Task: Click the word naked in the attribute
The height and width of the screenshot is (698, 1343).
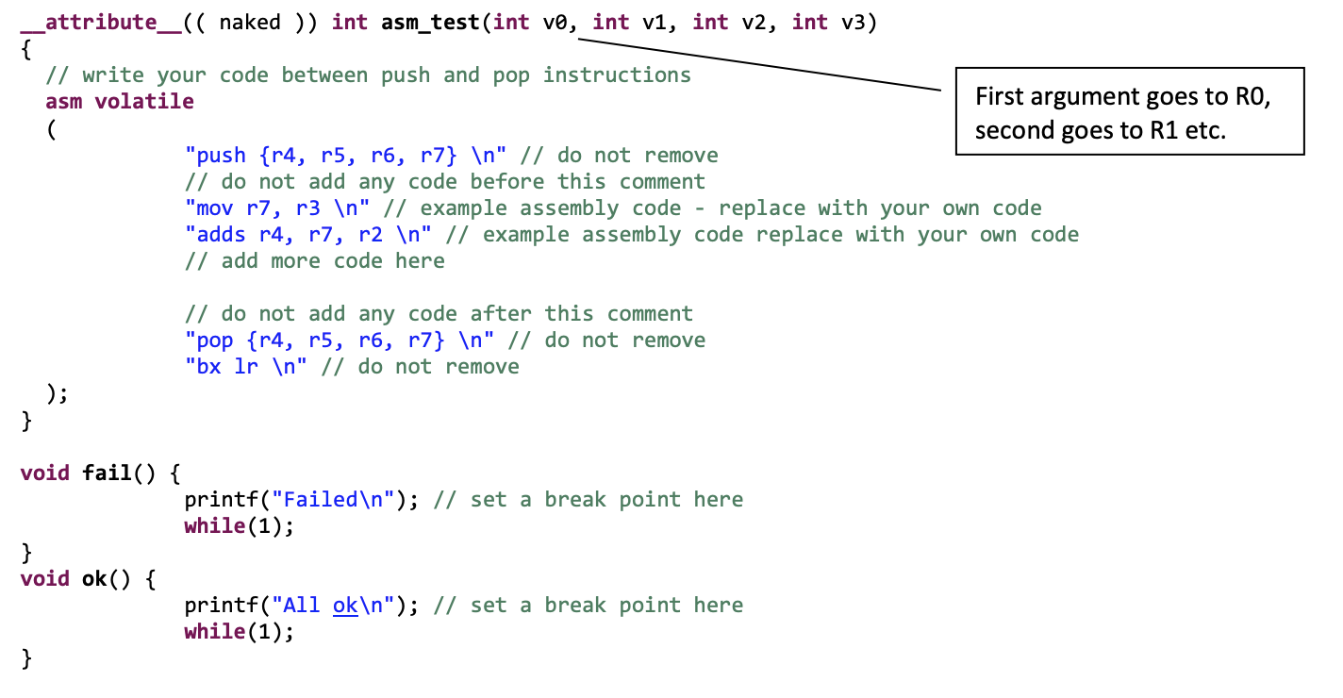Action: tap(250, 22)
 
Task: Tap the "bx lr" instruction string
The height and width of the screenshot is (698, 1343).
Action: tap(246, 366)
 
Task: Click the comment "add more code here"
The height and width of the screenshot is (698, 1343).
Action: tap(315, 260)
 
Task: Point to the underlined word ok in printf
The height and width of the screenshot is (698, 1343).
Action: tap(345, 606)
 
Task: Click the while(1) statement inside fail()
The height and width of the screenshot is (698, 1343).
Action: tap(240, 525)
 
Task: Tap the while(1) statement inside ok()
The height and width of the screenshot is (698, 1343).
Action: tap(240, 631)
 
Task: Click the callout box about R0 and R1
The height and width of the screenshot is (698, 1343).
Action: tap(1129, 111)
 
